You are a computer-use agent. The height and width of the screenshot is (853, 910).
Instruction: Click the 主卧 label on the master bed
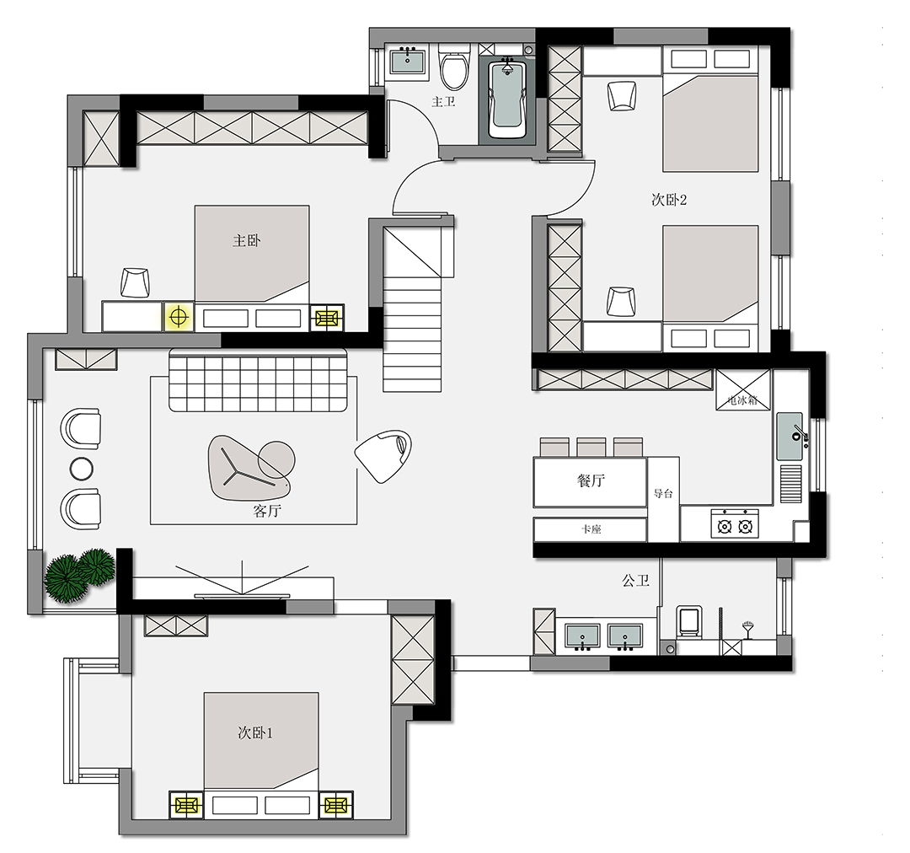point(247,240)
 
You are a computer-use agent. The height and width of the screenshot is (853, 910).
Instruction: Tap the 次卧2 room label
point(669,200)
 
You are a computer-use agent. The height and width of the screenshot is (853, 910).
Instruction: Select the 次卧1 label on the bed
point(255,732)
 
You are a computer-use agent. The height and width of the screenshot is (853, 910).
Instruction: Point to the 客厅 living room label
point(267,511)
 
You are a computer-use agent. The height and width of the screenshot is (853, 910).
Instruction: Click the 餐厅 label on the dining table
point(591,480)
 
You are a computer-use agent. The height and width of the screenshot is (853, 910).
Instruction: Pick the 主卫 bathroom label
point(443,102)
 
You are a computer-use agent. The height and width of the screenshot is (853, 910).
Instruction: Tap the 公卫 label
point(635,581)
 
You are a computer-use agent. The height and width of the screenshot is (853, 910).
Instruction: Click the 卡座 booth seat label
point(591,529)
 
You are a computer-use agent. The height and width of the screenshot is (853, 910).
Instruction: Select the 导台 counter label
point(663,494)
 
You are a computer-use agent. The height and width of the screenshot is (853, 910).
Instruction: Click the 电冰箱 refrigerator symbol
point(743,389)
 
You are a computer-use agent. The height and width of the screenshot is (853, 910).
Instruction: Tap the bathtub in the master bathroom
point(507,99)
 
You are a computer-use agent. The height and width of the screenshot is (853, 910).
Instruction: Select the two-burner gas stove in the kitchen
point(735,523)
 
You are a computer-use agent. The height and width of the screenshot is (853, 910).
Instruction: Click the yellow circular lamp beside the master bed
point(179,317)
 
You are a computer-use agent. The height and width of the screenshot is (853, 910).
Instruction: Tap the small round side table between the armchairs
point(81,468)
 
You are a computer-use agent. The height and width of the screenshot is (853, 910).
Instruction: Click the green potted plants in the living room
point(80,575)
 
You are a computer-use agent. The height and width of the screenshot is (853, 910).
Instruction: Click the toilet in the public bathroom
point(689,622)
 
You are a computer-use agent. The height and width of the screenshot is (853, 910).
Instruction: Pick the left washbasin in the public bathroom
point(582,636)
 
